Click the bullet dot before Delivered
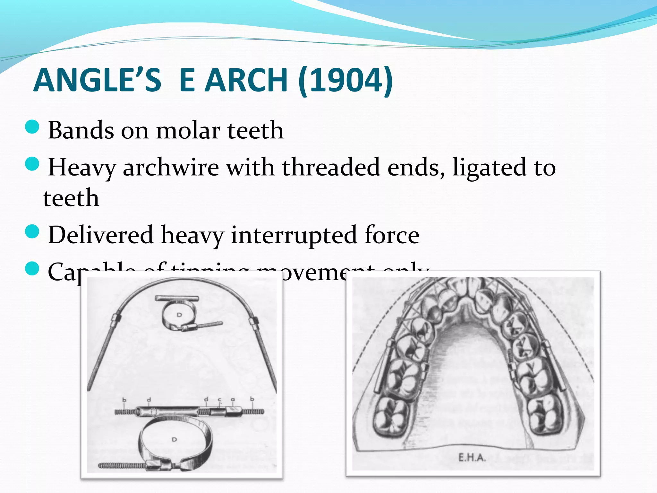point(32,231)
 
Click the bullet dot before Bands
point(32,127)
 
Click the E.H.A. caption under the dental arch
point(472,457)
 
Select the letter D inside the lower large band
point(174,439)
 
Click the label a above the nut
point(233,400)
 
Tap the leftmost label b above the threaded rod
point(124,400)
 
